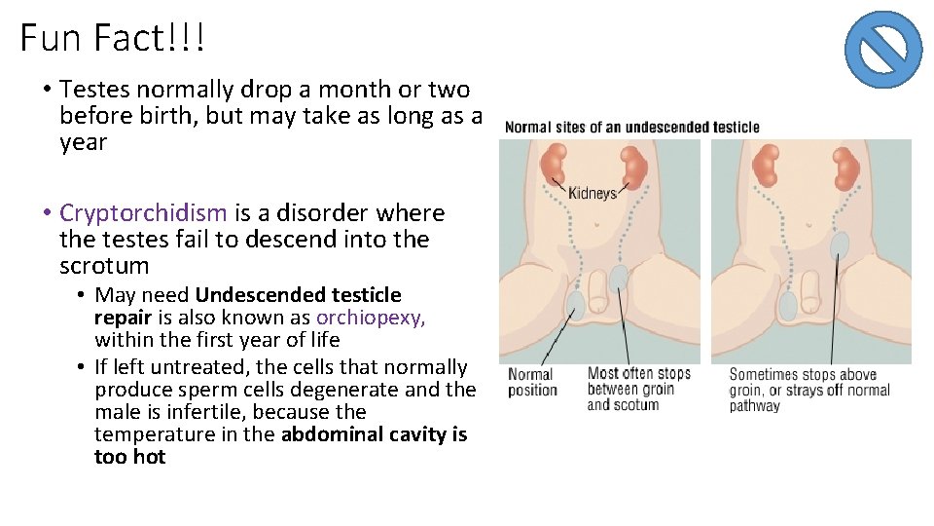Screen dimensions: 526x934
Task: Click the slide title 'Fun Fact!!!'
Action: [x=112, y=39]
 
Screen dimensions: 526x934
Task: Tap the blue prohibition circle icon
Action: [x=882, y=50]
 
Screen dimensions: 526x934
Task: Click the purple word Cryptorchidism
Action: [x=143, y=213]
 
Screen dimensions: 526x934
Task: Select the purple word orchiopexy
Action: [x=371, y=318]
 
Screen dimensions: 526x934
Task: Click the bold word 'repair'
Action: [x=123, y=318]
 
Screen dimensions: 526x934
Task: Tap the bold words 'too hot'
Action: [x=129, y=457]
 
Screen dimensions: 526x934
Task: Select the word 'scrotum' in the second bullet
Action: [x=104, y=266]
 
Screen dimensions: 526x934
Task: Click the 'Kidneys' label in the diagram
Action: [x=593, y=193]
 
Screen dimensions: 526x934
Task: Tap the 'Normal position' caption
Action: [x=531, y=382]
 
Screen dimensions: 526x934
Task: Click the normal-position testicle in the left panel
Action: [x=576, y=306]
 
